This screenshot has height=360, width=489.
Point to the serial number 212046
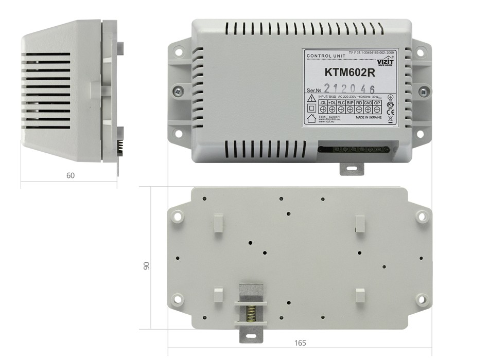point(348,88)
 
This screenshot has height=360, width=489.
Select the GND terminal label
point(368,103)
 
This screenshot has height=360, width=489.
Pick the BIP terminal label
point(350,103)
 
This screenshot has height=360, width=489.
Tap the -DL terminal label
point(323,103)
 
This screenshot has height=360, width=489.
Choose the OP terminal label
point(377,103)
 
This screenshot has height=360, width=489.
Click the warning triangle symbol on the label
point(311,98)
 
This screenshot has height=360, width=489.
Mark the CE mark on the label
point(390,112)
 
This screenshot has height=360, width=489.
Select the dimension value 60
point(71,175)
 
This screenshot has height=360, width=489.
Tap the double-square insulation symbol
point(311,109)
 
